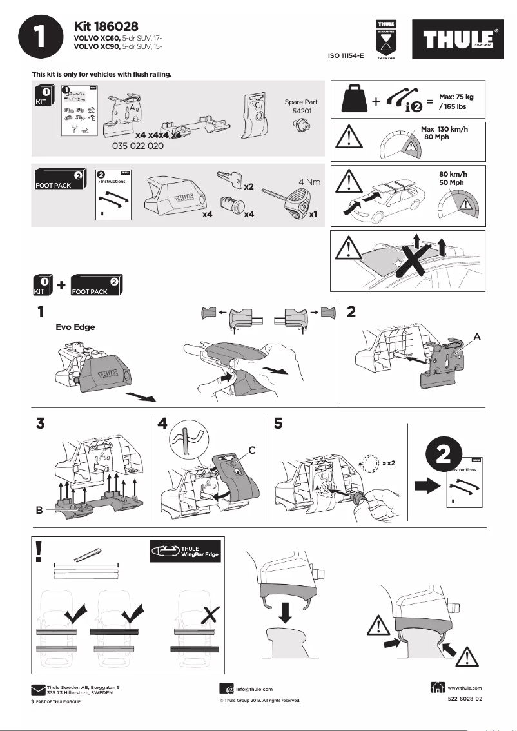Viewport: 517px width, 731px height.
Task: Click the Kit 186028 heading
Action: tap(106, 26)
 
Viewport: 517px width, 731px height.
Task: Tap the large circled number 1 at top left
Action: tap(41, 37)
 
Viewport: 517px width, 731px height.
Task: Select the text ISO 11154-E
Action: tap(346, 57)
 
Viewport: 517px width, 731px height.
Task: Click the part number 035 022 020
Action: tap(138, 146)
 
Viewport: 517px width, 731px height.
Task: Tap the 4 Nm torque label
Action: tap(309, 182)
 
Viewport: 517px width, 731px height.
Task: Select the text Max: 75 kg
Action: tap(456, 97)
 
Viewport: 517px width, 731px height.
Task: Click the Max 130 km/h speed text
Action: tap(444, 130)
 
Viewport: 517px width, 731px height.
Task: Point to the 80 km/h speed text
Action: tap(452, 174)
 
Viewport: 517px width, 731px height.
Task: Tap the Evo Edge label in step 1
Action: tap(75, 327)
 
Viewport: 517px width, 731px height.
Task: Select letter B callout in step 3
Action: tap(39, 510)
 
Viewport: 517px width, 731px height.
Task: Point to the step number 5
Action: tap(278, 424)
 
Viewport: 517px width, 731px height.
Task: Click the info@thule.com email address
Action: tap(254, 689)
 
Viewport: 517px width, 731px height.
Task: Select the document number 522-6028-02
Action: tap(464, 699)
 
